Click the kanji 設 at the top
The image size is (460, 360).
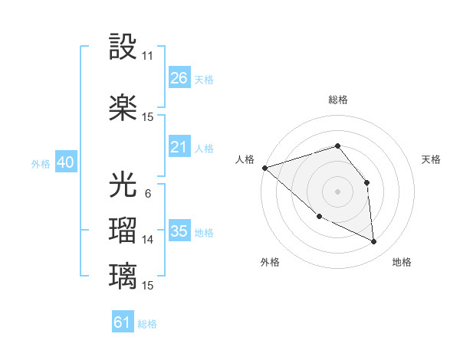coord(123,47)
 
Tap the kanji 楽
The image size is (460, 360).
coord(123,107)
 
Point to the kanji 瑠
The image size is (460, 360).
coord(123,230)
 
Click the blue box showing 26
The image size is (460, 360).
coord(179,78)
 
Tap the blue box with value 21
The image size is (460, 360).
coord(179,147)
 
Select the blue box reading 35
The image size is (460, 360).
coord(179,231)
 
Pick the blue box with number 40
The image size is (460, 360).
coord(65,162)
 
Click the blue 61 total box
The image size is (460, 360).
coord(123,322)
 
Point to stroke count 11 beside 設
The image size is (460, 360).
coord(148,56)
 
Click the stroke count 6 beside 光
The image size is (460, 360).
coord(147,194)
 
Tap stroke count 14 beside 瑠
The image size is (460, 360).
coord(148,240)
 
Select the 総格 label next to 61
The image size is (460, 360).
coord(147,324)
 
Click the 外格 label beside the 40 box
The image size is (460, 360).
coord(40,164)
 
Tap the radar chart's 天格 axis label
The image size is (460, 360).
coord(431,159)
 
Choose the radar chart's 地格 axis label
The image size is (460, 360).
coord(402,262)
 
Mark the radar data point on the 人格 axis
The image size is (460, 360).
coord(264,168)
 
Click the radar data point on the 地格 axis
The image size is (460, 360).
coord(374,242)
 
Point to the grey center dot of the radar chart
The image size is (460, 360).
coord(337,191)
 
